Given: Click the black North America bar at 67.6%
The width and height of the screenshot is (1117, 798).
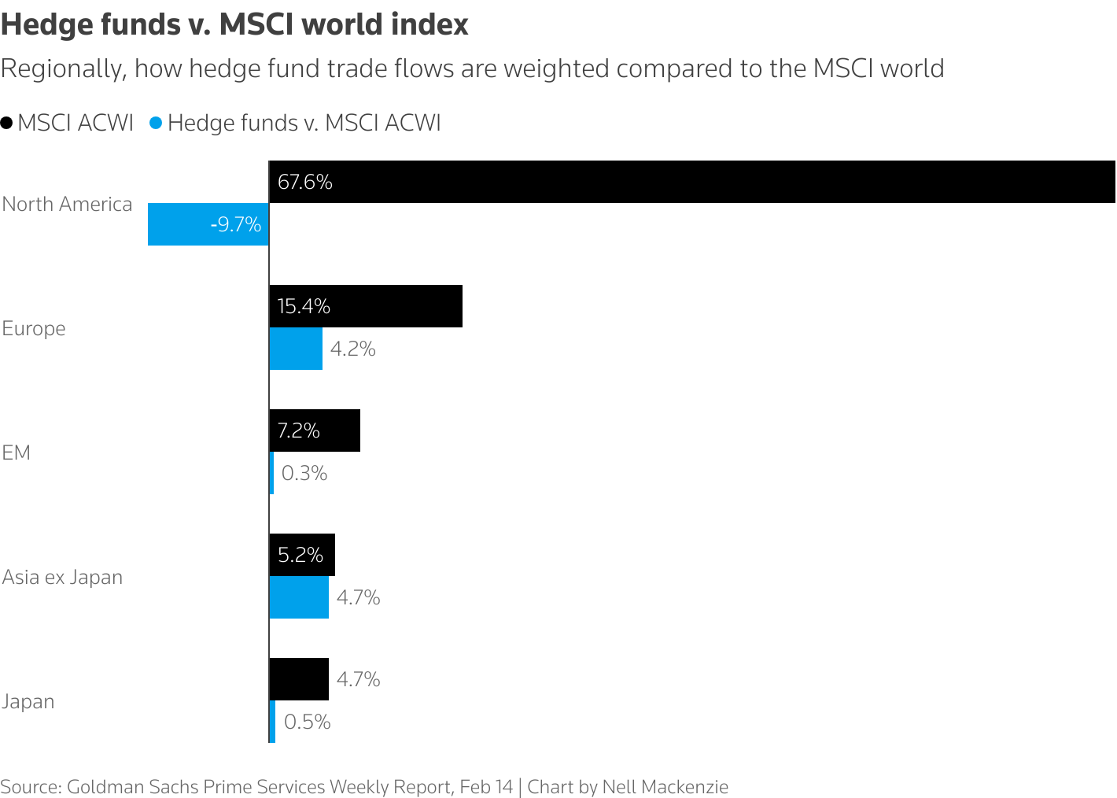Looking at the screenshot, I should [692, 182].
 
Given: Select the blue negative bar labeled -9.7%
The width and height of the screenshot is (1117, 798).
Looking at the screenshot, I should [208, 224].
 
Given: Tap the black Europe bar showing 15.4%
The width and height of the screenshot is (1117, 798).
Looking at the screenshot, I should [366, 306].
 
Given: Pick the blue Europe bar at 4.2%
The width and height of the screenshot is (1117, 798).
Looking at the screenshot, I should [296, 349].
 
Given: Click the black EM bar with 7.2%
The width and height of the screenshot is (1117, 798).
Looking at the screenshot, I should [315, 430].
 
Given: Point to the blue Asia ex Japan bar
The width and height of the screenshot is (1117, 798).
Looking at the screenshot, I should [299, 597].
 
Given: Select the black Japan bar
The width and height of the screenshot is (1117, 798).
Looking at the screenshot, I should [299, 679].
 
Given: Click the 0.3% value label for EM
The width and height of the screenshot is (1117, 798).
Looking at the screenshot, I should [304, 473].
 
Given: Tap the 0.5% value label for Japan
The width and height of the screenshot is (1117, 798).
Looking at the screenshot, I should [307, 722].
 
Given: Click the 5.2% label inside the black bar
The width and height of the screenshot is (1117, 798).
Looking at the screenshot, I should [300, 555].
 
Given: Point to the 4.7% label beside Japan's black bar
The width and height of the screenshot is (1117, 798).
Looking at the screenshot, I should [359, 679].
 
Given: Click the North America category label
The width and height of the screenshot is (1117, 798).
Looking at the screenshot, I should [67, 204].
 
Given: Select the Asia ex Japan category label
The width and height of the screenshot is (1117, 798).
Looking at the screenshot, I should [62, 577].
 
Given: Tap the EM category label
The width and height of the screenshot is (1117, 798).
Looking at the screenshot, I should [16, 453].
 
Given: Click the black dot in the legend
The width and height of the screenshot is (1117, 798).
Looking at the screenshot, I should [7, 123].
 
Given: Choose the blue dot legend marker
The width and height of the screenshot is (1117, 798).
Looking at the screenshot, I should [156, 123].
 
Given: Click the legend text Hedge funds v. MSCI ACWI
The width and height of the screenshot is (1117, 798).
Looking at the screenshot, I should [304, 123].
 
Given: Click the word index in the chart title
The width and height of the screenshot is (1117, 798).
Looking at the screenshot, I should [429, 24].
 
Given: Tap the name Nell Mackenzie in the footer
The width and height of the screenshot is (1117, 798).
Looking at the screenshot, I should [665, 786].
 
